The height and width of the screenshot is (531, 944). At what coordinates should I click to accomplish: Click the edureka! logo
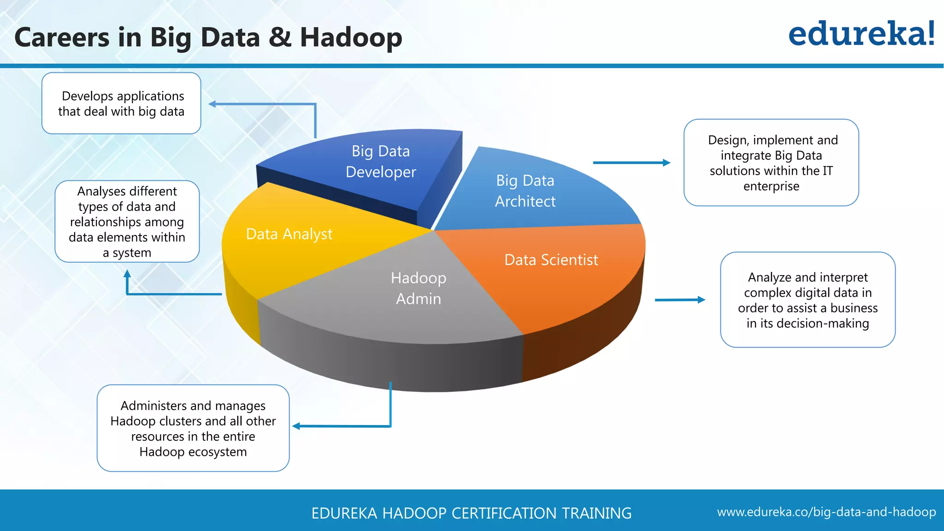(x=861, y=34)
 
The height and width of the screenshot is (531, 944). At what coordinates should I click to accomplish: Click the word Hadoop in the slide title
(x=351, y=38)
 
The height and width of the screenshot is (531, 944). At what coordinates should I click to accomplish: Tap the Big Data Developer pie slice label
(x=381, y=161)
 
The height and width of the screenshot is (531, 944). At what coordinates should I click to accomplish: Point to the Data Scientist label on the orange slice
(x=551, y=260)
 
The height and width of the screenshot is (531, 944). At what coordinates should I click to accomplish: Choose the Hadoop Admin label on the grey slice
(x=419, y=288)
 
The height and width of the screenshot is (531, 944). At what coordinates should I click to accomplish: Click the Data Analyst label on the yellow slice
(x=289, y=234)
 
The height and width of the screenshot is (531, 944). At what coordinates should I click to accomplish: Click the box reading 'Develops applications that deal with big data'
(x=121, y=103)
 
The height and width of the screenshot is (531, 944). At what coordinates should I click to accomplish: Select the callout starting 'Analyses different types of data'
(x=127, y=222)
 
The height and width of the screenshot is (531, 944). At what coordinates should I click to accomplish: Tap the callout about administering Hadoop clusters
(x=193, y=428)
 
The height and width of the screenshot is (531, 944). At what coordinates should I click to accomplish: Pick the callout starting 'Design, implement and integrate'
(x=771, y=163)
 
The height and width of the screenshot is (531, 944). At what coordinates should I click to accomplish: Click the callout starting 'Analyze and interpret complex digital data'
(x=808, y=300)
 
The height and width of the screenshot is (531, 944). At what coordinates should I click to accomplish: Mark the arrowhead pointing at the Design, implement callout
(x=667, y=163)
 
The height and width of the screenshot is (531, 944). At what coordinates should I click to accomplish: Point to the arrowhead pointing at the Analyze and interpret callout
(x=702, y=300)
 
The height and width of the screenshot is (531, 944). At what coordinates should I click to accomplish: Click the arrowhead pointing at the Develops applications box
(x=212, y=104)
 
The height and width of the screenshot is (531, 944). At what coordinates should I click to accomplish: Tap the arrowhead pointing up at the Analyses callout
(x=127, y=273)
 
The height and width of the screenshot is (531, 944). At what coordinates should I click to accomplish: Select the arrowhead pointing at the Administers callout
(x=296, y=426)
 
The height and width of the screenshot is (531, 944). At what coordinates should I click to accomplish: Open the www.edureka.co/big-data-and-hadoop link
(x=826, y=512)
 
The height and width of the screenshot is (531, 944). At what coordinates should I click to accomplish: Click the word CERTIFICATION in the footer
(x=502, y=513)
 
